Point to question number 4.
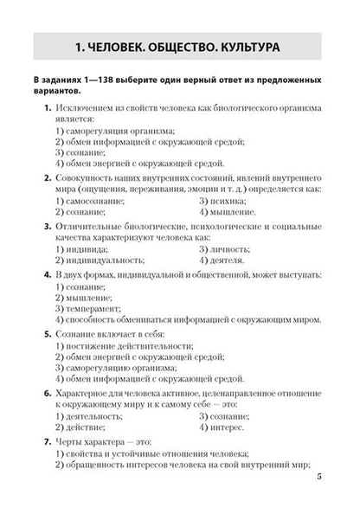pyautogui.click(x=46, y=273)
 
